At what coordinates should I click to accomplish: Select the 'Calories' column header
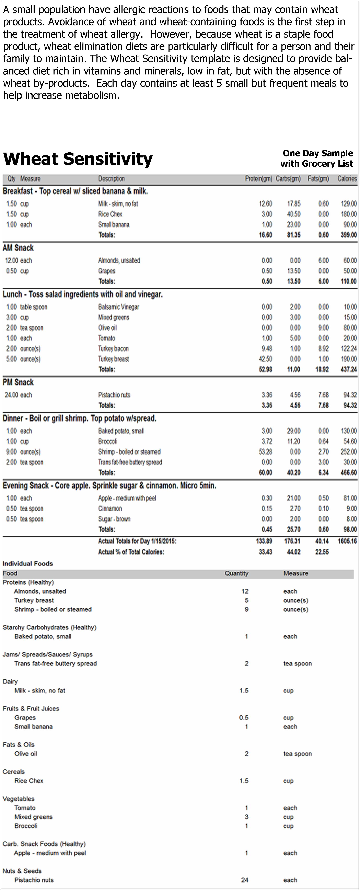pyautogui.click(x=347, y=179)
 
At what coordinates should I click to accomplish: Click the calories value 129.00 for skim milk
pyautogui.click(x=349, y=204)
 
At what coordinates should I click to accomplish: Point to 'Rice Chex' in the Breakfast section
pyautogui.click(x=110, y=214)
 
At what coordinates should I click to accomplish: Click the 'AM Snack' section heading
pyautogui.click(x=18, y=248)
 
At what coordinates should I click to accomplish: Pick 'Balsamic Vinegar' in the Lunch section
pyautogui.click(x=118, y=307)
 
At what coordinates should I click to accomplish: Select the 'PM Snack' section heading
pyautogui.click(x=18, y=382)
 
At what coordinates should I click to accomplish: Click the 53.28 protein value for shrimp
pyautogui.click(x=265, y=452)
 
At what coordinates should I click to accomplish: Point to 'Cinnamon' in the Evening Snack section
pyautogui.click(x=110, y=509)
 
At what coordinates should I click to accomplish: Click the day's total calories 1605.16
pyautogui.click(x=347, y=541)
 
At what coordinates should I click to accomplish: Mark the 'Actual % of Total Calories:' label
pyautogui.click(x=131, y=552)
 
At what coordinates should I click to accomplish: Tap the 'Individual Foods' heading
pyautogui.click(x=28, y=563)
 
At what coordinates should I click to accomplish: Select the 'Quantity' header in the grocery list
pyautogui.click(x=236, y=573)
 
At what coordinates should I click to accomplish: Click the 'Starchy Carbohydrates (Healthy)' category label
pyautogui.click(x=49, y=627)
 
